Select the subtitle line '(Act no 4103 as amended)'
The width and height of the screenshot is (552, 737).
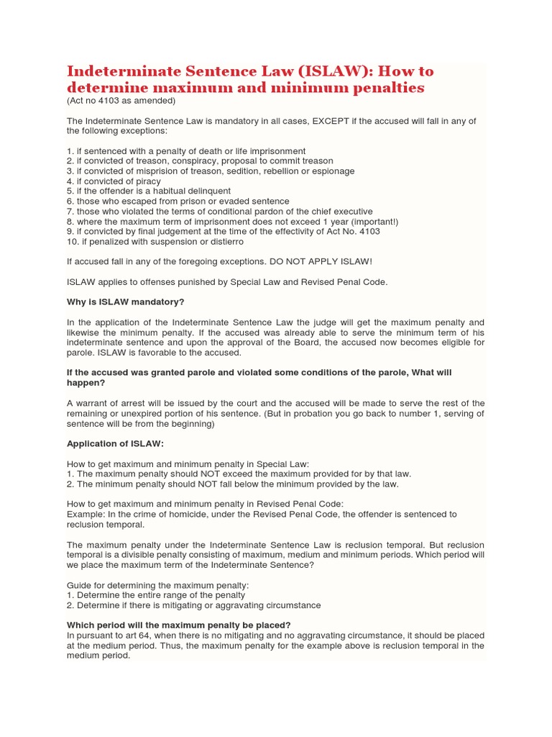(121, 101)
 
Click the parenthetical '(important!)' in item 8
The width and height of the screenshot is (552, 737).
(352, 222)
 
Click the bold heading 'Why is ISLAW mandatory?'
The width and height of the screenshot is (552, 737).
(130, 302)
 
